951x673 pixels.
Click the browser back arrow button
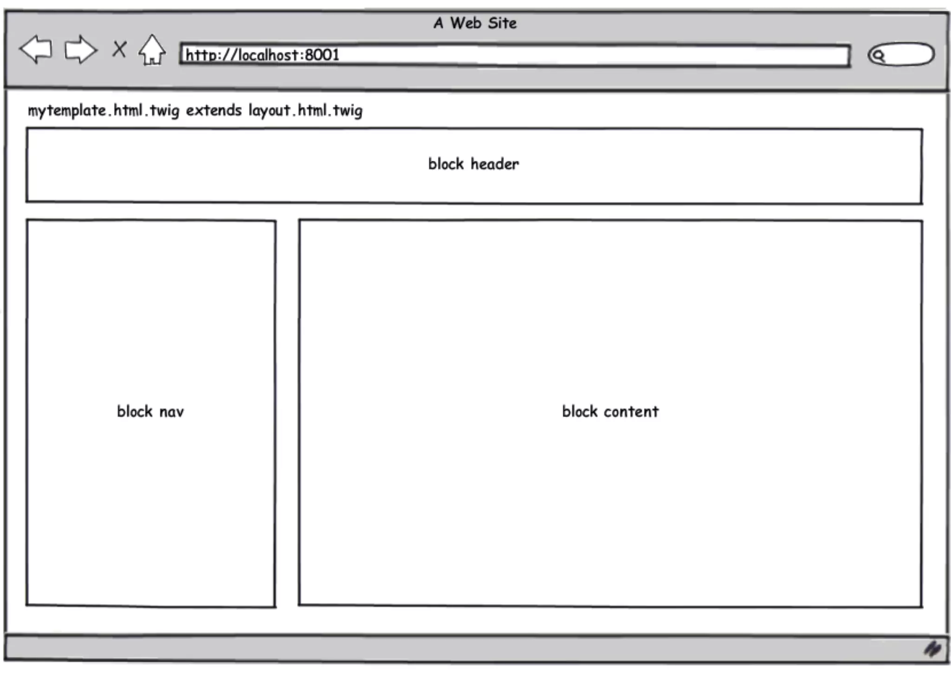click(x=35, y=49)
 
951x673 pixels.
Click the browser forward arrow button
click(x=80, y=49)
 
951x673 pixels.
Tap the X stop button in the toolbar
click(x=119, y=49)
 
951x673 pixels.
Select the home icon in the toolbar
click(x=152, y=50)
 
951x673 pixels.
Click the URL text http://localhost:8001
click(x=262, y=55)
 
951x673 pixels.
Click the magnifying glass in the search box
click(x=878, y=56)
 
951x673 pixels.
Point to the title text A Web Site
click(x=475, y=23)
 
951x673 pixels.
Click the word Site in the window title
click(x=502, y=23)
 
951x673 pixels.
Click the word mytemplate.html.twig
click(x=103, y=111)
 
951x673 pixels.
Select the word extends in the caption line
click(x=214, y=111)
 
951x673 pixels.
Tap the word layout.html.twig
click(x=305, y=111)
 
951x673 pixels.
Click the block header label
click(x=473, y=164)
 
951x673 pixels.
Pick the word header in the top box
click(x=495, y=164)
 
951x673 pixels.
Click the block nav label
click(x=150, y=412)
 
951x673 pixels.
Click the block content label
click(x=610, y=412)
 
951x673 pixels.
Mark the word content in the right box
click(x=631, y=412)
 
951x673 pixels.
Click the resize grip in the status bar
click(x=932, y=649)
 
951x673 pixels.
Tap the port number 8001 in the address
click(x=322, y=55)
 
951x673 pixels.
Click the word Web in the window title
click(x=466, y=23)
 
